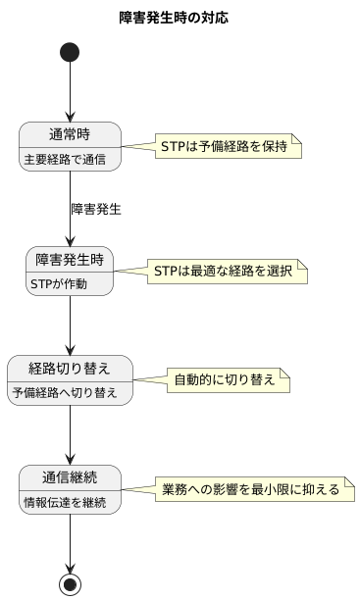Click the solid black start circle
tap(70, 52)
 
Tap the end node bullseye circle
tap(70, 584)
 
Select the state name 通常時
tap(70, 135)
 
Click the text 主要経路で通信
tap(65, 158)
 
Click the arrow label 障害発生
tap(96, 209)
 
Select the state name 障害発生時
tap(70, 260)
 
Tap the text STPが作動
tap(59, 283)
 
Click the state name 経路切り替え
tap(70, 369)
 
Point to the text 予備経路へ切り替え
tap(70, 392)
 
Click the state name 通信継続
tap(70, 477)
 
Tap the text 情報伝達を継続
tap(65, 501)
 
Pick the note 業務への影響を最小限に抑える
tap(250, 488)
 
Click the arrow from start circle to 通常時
tap(70, 93)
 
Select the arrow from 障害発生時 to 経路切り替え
tap(70, 324)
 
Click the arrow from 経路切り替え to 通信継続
tap(70, 432)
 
